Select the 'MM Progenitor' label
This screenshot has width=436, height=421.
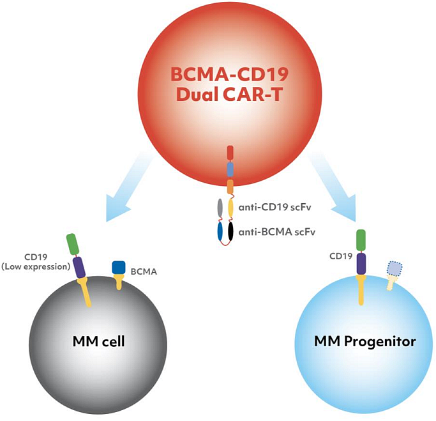pyautogui.click(x=365, y=341)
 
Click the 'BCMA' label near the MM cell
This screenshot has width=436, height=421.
pyautogui.click(x=145, y=271)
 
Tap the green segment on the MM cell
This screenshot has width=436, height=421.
pyautogui.click(x=72, y=244)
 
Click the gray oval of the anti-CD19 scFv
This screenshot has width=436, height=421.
pyautogui.click(x=220, y=208)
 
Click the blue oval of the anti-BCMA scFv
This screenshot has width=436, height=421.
pyautogui.click(x=220, y=231)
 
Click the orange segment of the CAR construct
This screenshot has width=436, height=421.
pyautogui.click(x=230, y=186)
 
